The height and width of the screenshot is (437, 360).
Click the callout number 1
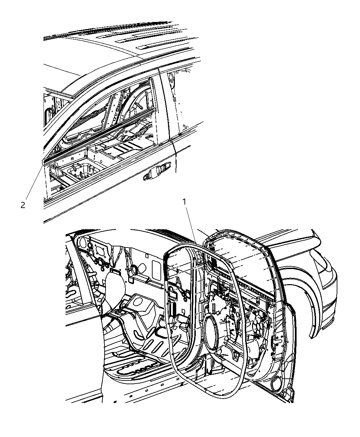(x=184, y=202)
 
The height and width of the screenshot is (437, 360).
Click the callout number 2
(x=23, y=205)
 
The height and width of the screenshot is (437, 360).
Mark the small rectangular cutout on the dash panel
(x=146, y=255)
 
